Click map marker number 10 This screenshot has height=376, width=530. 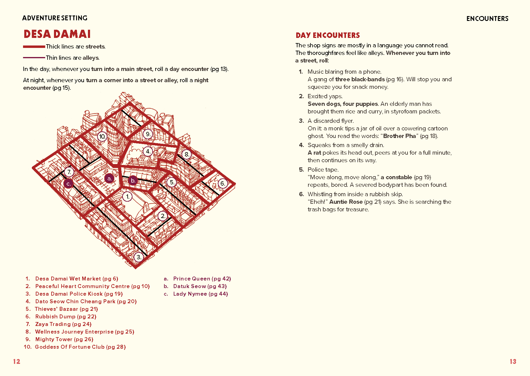pyautogui.click(x=102, y=136)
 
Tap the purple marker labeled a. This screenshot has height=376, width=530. pyautogui.click(x=109, y=179)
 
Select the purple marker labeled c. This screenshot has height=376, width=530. pyautogui.click(x=69, y=183)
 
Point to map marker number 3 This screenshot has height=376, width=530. pyautogui.click(x=139, y=257)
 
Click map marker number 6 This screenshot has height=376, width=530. pyautogui.click(x=223, y=183)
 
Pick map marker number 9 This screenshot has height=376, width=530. pyautogui.click(x=148, y=134)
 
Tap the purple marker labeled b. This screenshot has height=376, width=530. pyautogui.click(x=133, y=180)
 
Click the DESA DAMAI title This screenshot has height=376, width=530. pyautogui.click(x=57, y=34)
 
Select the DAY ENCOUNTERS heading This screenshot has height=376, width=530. pyautogui.click(x=327, y=35)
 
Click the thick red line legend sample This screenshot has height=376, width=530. pyautogui.click(x=34, y=47)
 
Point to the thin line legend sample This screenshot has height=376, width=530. pyautogui.click(x=34, y=58)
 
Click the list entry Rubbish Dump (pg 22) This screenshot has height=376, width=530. pyautogui.click(x=65, y=317)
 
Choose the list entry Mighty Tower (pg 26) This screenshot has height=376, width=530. pyautogui.click(x=64, y=339)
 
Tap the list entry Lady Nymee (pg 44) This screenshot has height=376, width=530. pyautogui.click(x=200, y=294)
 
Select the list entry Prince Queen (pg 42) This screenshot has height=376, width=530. pyautogui.click(x=202, y=279)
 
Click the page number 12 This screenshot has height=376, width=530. pyautogui.click(x=16, y=361)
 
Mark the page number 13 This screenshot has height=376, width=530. pyautogui.click(x=513, y=361)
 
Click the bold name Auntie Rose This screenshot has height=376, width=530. pyautogui.click(x=346, y=202)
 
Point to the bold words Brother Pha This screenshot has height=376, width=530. pyautogui.click(x=399, y=136)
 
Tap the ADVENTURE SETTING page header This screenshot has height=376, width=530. pyautogui.click(x=55, y=18)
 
